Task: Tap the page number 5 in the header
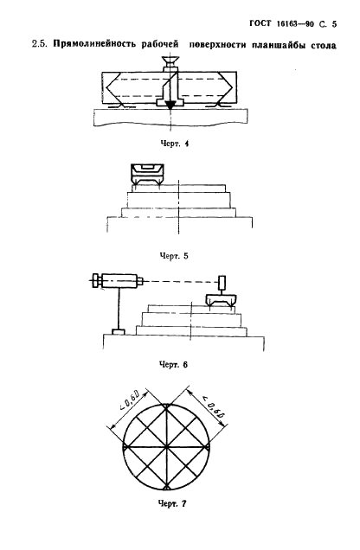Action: click(x=334, y=24)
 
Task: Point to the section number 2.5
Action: click(x=39, y=45)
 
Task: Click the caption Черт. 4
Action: click(x=174, y=144)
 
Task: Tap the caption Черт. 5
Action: click(x=174, y=256)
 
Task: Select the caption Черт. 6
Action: click(x=173, y=365)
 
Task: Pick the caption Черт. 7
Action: click(x=172, y=504)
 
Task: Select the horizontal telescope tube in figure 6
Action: click(x=119, y=281)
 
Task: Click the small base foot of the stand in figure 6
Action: click(x=119, y=331)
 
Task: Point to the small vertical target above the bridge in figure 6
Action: click(x=222, y=283)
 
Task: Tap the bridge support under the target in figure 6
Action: click(x=221, y=301)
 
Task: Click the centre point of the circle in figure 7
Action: click(x=166, y=447)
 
